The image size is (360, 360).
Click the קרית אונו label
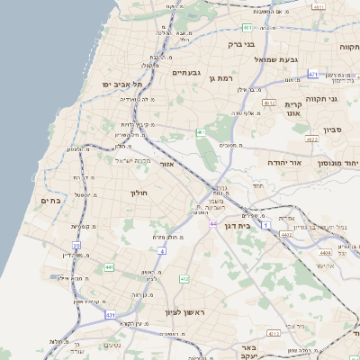[x=310, y=109]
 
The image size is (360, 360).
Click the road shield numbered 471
[x=312, y=74]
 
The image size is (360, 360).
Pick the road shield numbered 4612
[x=268, y=103]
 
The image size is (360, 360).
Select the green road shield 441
[x=109, y=267]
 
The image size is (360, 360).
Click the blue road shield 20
[x=76, y=244]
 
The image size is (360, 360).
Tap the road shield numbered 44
[x=212, y=223]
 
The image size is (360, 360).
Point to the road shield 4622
[x=311, y=139]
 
